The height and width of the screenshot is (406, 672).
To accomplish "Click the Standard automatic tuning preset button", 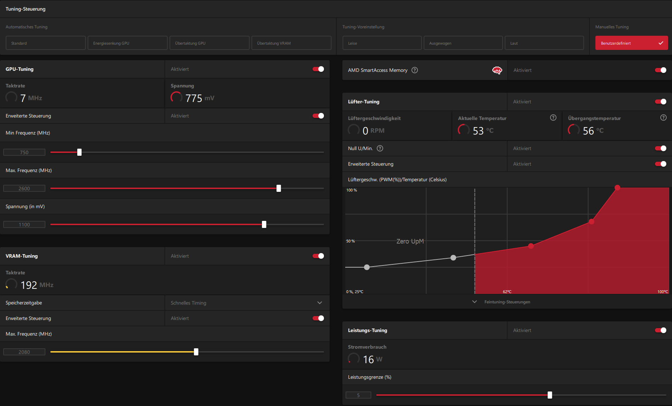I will pyautogui.click(x=45, y=43).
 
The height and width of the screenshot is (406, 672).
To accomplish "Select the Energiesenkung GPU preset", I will pyautogui.click(x=127, y=43).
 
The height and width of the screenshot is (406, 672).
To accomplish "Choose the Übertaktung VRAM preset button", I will pyautogui.click(x=291, y=43).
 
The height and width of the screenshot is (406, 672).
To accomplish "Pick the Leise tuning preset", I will pyautogui.click(x=382, y=43).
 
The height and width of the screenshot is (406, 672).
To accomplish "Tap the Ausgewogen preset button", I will pyautogui.click(x=463, y=43).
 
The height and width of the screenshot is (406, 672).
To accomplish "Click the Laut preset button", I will pyautogui.click(x=544, y=43).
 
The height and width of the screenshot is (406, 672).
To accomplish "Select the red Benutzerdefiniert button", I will pyautogui.click(x=631, y=43).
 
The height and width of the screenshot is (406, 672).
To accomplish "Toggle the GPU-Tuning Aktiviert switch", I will pyautogui.click(x=318, y=69).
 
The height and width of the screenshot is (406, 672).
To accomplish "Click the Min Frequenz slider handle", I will pyautogui.click(x=79, y=152).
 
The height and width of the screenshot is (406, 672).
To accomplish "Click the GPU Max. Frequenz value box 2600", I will pyautogui.click(x=24, y=188).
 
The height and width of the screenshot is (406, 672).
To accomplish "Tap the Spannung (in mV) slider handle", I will pyautogui.click(x=264, y=224).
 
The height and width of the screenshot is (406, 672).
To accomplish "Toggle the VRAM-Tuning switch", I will pyautogui.click(x=318, y=256).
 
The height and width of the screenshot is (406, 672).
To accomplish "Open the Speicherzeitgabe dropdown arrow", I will pyautogui.click(x=320, y=303).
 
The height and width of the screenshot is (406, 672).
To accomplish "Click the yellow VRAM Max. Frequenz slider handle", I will pyautogui.click(x=196, y=352).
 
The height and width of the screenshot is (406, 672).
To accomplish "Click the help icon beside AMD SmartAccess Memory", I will pyautogui.click(x=415, y=70).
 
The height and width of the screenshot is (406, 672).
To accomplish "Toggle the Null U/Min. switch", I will pyautogui.click(x=661, y=148).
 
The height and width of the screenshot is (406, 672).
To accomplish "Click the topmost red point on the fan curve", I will pyautogui.click(x=617, y=188).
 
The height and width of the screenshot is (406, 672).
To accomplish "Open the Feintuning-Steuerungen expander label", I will pyautogui.click(x=507, y=302).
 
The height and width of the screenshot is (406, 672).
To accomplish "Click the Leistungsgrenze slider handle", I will pyautogui.click(x=550, y=395).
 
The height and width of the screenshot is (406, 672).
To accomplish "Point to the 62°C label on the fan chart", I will pyautogui.click(x=507, y=292).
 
